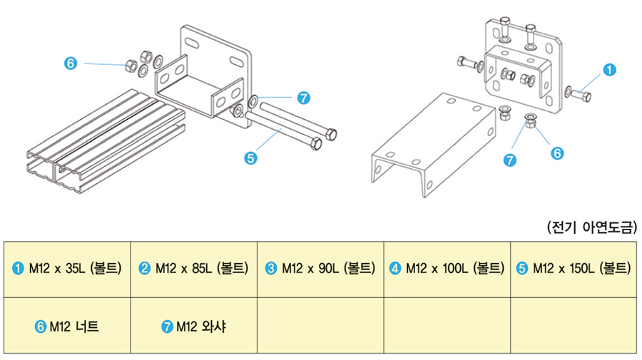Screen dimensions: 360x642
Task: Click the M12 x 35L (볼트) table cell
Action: tap(67, 269)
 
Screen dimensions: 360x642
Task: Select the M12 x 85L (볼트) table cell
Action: tap(193, 269)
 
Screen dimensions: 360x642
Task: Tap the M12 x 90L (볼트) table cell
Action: tap(320, 269)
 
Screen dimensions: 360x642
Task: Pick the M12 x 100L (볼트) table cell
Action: tap(447, 269)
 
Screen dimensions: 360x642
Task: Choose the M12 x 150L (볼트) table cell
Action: tap(574, 269)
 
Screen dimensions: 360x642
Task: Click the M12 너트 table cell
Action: tap(67, 326)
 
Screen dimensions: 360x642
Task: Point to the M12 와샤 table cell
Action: tap(193, 326)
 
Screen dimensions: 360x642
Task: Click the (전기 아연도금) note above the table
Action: tap(591, 227)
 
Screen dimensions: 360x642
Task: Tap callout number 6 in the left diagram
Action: tap(70, 63)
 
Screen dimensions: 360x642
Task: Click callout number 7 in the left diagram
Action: tap(303, 97)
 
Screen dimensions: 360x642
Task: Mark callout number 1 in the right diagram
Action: tap(609, 70)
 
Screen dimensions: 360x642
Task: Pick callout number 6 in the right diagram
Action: tap(558, 152)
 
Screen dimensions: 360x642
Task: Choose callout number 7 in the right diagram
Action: tap(510, 160)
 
